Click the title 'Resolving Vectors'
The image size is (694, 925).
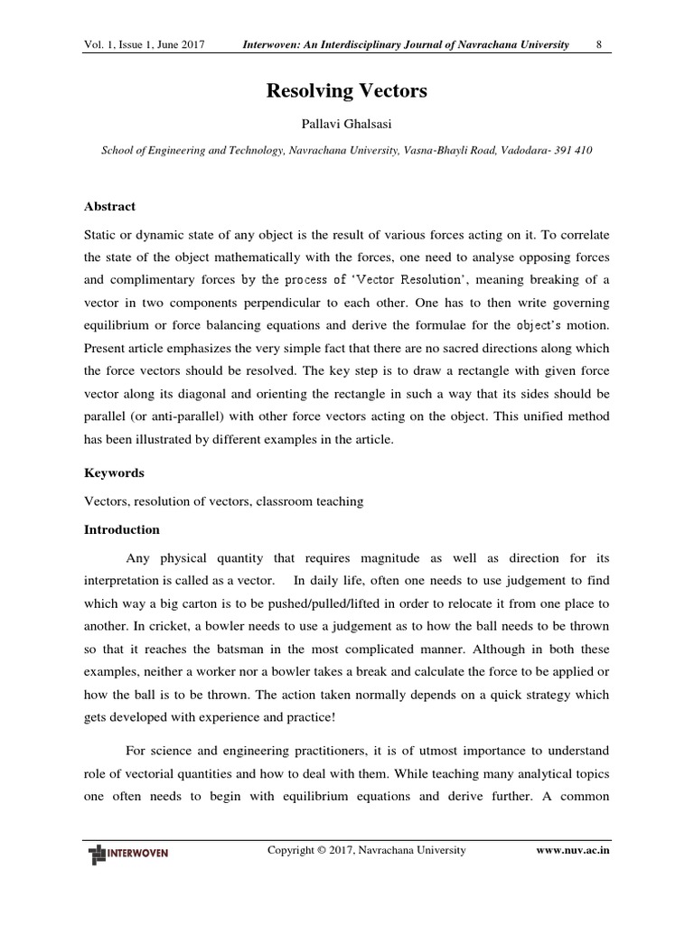click(346, 91)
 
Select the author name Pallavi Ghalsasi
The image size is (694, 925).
click(346, 123)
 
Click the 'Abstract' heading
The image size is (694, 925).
click(109, 206)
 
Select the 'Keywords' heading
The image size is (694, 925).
click(114, 472)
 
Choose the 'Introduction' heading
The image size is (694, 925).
click(121, 529)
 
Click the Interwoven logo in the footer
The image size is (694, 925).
click(128, 853)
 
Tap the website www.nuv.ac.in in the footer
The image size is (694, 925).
click(573, 851)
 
